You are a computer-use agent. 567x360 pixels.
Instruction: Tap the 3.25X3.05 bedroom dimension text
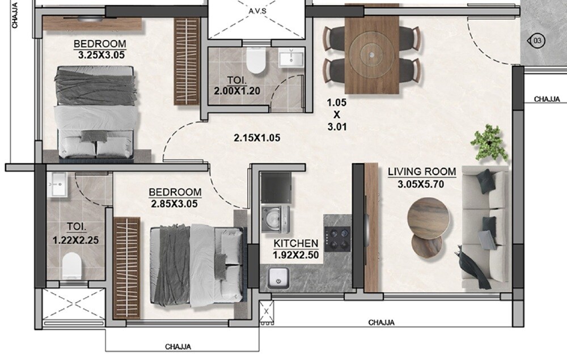(101, 55)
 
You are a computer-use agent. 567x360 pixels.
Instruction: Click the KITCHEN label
(295, 244)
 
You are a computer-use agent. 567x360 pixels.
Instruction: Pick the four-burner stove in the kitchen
(338, 239)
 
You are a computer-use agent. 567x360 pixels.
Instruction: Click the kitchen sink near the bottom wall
(278, 278)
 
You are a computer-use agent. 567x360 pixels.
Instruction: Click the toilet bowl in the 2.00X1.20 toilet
(256, 61)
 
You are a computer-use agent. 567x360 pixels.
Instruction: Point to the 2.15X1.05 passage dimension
(257, 137)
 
